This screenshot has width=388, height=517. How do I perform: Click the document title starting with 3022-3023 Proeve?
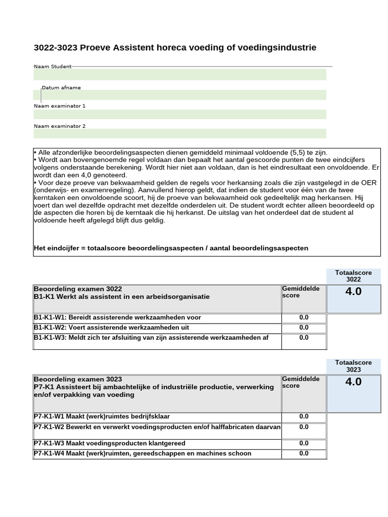pos(175,47)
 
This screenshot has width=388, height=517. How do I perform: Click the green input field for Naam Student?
pos(180,75)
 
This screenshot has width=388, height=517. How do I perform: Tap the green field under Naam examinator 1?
pos(180,114)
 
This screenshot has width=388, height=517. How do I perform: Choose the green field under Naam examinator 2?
pos(180,134)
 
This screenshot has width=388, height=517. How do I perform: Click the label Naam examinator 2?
pos(60,126)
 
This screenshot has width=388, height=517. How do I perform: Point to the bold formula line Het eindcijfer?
pos(171,248)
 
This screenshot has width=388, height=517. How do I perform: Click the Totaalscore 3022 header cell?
pos(353,276)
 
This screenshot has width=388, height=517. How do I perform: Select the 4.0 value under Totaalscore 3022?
pos(353,291)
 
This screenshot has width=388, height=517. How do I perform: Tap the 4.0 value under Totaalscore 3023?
pos(353,382)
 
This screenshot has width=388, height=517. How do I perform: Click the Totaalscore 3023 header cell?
pos(353,366)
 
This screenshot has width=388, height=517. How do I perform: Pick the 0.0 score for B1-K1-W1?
pos(304,318)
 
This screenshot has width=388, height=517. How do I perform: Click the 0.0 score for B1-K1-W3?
pos(304,338)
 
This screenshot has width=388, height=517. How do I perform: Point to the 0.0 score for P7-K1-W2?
pos(304,427)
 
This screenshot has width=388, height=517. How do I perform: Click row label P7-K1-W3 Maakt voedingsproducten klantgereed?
pos(110,443)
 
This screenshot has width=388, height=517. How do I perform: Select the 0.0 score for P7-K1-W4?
pos(304,453)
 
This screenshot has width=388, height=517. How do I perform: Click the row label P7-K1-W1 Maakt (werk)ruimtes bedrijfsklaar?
pos(102,417)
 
